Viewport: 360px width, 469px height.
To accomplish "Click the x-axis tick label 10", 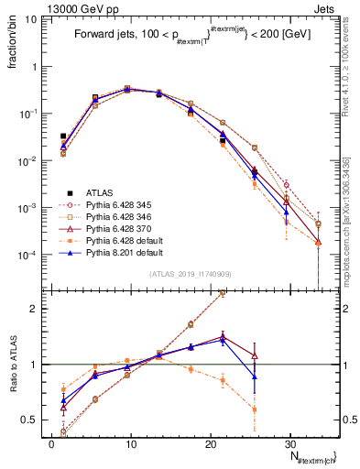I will point(131,443).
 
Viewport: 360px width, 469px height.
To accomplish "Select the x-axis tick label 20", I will point(210,443).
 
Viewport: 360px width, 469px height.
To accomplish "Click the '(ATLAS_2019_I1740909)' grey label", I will point(189,274).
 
